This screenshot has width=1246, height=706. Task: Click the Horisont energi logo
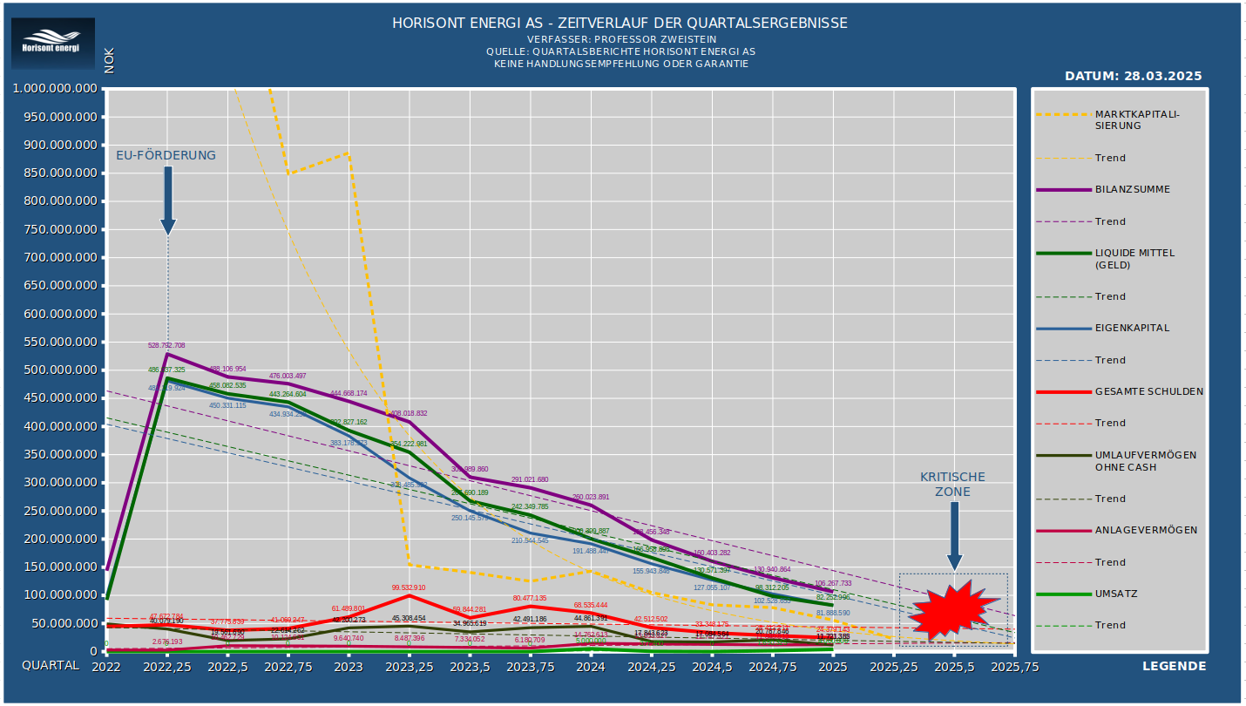point(51,44)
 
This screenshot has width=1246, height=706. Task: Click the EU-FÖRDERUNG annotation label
point(166,155)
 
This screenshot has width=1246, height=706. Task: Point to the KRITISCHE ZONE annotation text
point(953,485)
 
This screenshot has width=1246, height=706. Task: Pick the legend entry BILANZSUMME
point(1134,189)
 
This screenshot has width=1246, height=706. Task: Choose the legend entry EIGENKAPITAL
point(1134,329)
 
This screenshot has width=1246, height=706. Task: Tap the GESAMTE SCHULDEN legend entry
point(1148,391)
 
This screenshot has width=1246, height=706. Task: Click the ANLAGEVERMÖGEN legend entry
point(1145,530)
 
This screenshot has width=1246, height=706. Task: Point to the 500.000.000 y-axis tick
point(55,370)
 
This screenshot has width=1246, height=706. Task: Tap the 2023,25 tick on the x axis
point(410,666)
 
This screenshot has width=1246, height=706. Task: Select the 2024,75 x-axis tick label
point(773,666)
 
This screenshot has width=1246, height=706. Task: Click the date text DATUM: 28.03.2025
point(1133,76)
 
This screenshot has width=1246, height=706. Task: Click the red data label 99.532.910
point(409,588)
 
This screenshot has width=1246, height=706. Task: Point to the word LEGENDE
point(1174,666)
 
